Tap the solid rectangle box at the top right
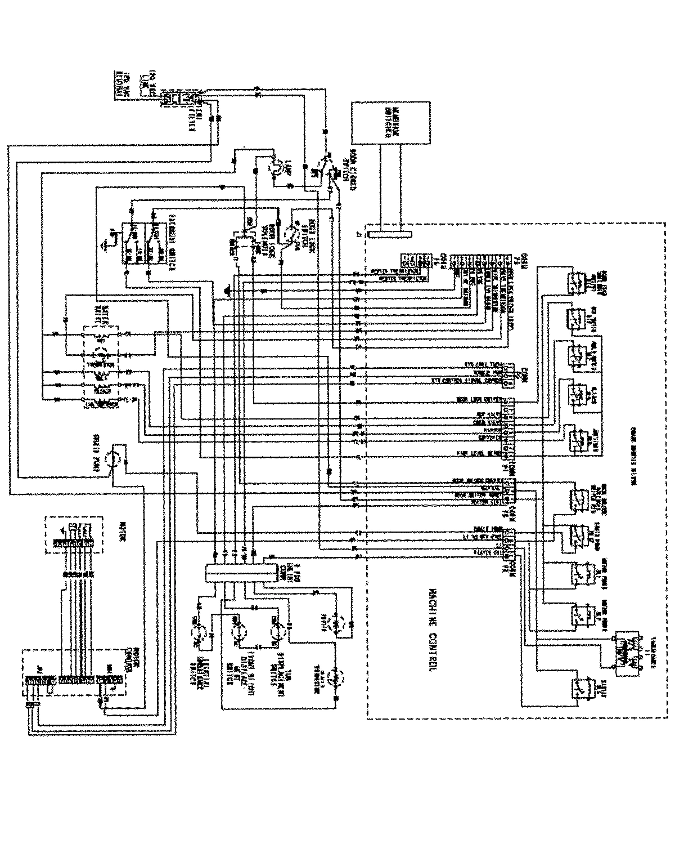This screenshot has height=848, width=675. [x=388, y=122]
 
